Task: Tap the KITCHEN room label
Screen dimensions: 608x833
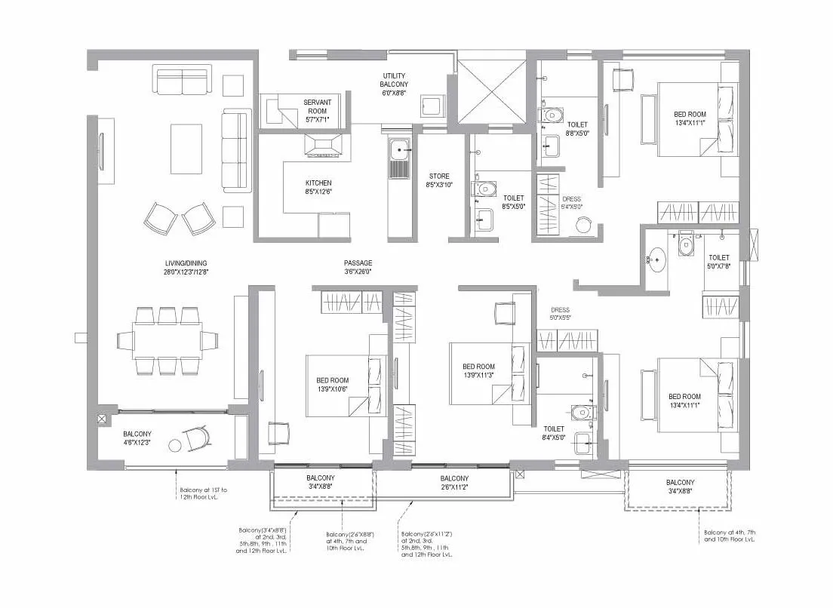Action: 318,188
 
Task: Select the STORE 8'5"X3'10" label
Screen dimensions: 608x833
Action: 439,181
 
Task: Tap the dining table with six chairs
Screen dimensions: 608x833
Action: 168,340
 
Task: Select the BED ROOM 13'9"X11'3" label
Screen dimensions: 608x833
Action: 478,371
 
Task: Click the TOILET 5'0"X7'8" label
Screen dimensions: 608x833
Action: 719,262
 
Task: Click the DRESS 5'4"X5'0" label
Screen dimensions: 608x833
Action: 571,203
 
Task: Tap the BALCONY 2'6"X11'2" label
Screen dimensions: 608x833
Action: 454,483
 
